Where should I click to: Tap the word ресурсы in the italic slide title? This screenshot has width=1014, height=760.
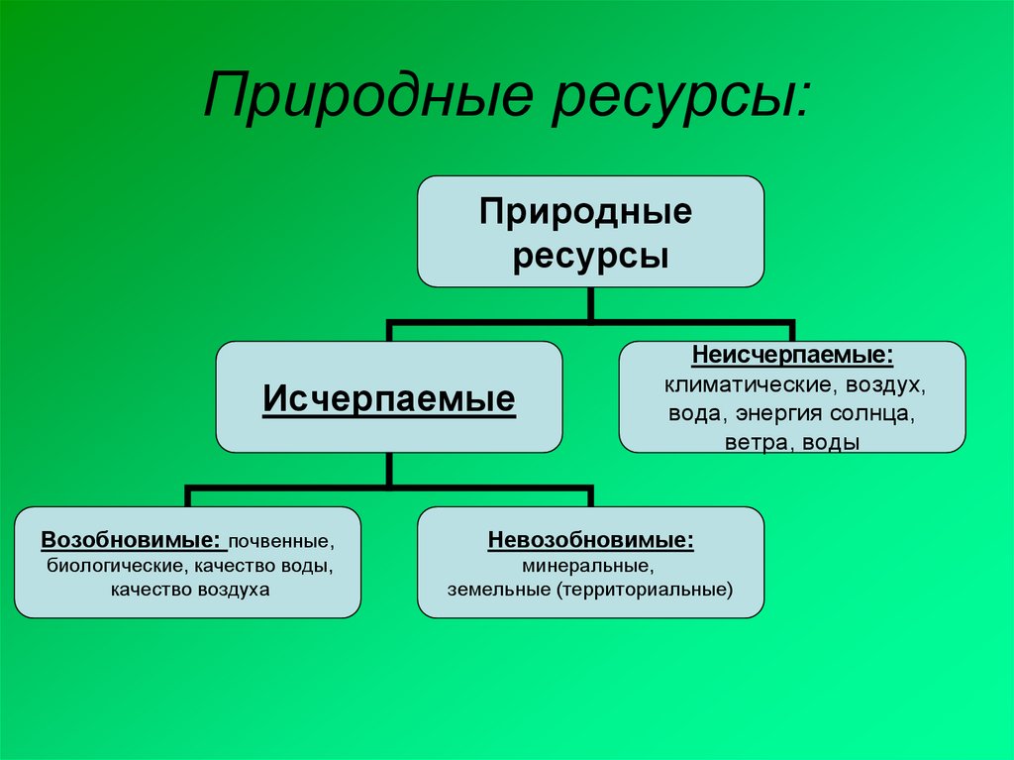coord(680,99)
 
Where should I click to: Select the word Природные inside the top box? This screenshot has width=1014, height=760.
coord(586,212)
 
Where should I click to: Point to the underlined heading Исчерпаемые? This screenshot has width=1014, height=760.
coord(388,398)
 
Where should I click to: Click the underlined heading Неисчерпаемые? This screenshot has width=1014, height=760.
coord(792,356)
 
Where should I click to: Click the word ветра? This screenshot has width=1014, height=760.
coord(759,444)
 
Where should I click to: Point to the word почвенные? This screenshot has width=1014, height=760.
coord(281,541)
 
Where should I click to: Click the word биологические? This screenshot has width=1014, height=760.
coord(115,566)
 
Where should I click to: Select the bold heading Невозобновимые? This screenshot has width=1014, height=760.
coord(590,540)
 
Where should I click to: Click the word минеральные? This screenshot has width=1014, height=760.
coord(588,566)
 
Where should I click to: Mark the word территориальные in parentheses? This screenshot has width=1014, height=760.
coord(645,591)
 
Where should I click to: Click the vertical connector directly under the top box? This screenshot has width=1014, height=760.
coord(590,303)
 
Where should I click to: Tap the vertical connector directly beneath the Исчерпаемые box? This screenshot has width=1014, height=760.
coord(388,470)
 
